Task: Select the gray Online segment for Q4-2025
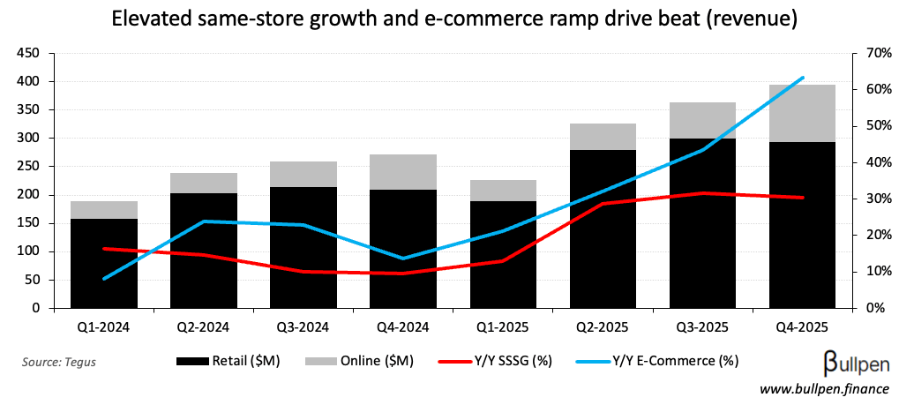(802, 113)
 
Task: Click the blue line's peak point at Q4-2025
(802, 78)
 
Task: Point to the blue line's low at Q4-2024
(402, 259)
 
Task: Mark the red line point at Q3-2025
(702, 192)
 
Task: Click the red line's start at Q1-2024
(103, 249)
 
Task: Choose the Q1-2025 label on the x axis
(502, 327)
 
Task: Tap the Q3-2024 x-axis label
(303, 327)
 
